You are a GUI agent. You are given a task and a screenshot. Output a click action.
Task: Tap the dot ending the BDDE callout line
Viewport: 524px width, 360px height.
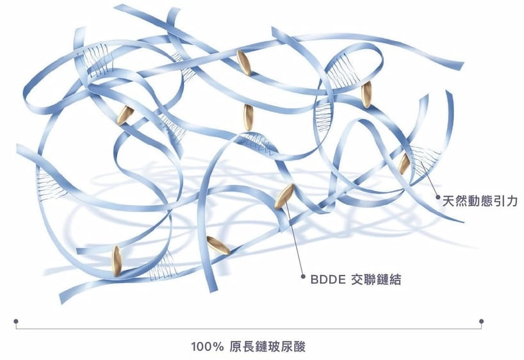click(303, 279)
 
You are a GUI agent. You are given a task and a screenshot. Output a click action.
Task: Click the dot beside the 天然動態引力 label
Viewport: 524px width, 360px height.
click(439, 200)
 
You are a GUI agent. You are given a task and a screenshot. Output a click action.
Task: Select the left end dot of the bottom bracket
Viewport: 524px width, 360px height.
click(16, 322)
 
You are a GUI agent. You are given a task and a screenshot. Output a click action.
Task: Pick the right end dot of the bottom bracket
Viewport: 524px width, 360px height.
click(481, 322)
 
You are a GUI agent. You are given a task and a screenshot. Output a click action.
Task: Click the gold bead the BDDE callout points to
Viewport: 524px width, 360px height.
click(284, 197)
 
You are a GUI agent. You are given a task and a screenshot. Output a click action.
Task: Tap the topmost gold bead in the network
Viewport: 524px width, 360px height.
click(243, 61)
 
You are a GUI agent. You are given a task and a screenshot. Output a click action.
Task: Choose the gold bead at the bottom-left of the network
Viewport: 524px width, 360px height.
click(117, 261)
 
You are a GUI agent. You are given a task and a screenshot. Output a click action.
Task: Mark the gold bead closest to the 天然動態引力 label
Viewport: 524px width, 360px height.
click(404, 164)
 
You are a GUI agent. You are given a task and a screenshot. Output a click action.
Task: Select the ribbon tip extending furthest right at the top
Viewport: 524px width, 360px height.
click(460, 65)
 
